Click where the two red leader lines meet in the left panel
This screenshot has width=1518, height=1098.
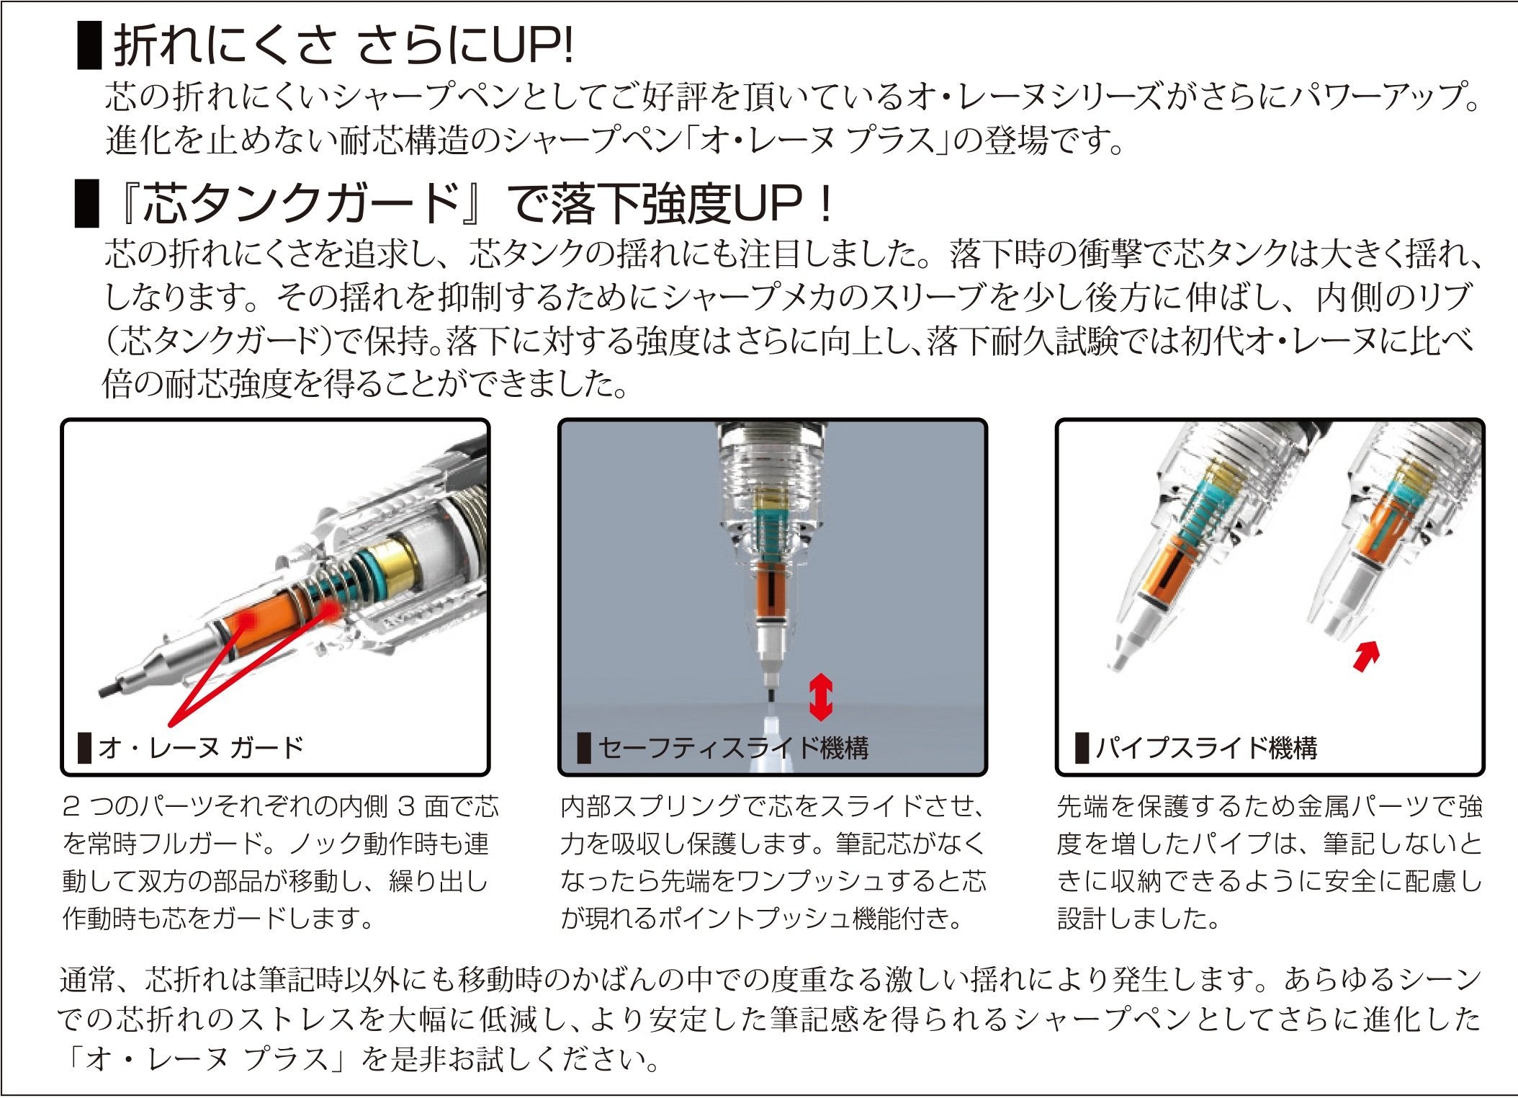[171, 724]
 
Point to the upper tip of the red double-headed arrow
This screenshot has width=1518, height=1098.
[821, 674]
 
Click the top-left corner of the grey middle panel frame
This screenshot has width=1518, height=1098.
[560, 420]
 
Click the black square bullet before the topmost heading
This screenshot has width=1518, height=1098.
[89, 45]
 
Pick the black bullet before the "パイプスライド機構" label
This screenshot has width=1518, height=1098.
[1082, 747]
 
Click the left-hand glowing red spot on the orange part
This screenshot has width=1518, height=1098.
[245, 620]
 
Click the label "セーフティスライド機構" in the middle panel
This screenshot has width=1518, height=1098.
[734, 748]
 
